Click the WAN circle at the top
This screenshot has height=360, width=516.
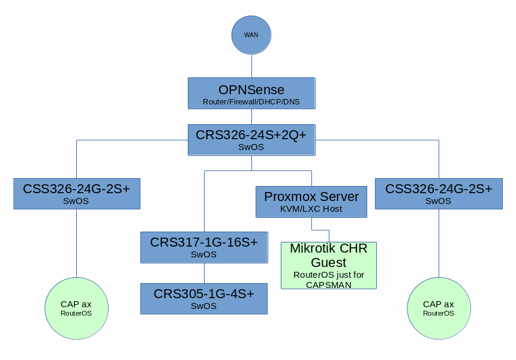251,35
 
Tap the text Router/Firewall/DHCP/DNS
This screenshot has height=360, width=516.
251,102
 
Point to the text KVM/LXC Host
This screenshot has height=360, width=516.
311,209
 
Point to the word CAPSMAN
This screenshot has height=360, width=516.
329,284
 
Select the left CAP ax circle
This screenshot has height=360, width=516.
76,308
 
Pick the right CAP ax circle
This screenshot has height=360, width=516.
439,308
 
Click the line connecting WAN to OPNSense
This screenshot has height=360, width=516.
251,65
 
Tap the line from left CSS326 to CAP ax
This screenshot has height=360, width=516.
76,243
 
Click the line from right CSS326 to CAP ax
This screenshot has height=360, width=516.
439,243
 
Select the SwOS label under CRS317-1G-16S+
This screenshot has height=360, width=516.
203,254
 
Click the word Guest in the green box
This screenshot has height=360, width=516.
329,263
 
